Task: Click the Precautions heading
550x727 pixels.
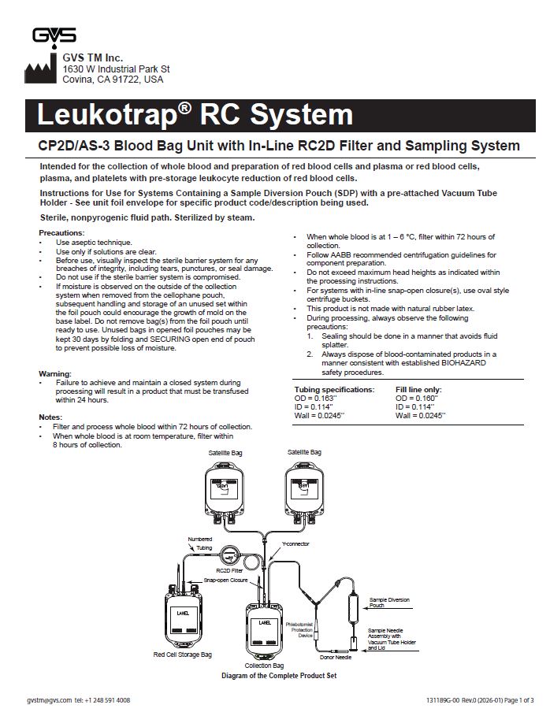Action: point(61,233)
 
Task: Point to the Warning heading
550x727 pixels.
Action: point(55,373)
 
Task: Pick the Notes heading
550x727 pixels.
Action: point(51,417)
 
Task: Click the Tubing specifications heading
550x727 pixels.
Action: point(334,390)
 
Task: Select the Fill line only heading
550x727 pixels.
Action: point(418,390)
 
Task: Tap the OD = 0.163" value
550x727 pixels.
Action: point(314,399)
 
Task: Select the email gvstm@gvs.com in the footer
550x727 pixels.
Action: point(49,700)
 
